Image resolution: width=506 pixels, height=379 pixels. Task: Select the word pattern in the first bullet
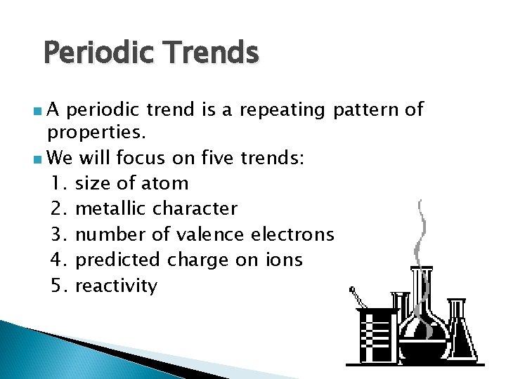click(365, 109)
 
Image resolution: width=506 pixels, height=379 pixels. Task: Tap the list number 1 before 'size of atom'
click(59, 184)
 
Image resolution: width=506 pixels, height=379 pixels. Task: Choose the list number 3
click(59, 234)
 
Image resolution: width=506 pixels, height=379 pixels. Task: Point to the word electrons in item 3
click(292, 234)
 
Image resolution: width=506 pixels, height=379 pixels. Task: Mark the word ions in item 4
click(284, 260)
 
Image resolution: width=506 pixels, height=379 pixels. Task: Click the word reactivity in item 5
click(116, 286)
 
